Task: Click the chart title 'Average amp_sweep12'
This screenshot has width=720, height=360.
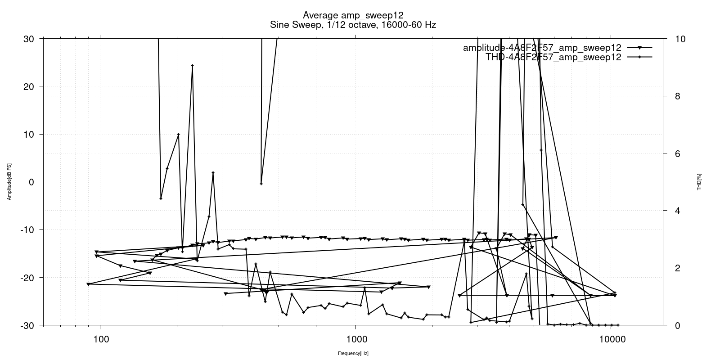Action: point(353,15)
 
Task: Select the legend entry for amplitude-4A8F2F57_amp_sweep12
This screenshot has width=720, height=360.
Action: point(542,48)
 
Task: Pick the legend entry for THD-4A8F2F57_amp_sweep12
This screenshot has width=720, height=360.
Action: point(553,57)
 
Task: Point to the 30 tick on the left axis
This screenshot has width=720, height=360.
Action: point(28,39)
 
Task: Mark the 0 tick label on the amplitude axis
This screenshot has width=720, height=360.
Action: point(31,182)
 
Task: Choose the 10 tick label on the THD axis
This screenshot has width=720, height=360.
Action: point(680,39)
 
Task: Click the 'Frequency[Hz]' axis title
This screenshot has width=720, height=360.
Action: point(353,354)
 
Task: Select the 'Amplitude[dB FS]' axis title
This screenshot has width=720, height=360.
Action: point(9,182)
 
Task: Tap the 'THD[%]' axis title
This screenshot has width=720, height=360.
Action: point(699,182)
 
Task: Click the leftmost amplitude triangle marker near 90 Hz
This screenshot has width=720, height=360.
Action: point(89,284)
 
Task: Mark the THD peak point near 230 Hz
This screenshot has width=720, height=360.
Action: point(192,66)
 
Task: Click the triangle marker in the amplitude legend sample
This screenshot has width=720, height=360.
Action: point(639,48)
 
